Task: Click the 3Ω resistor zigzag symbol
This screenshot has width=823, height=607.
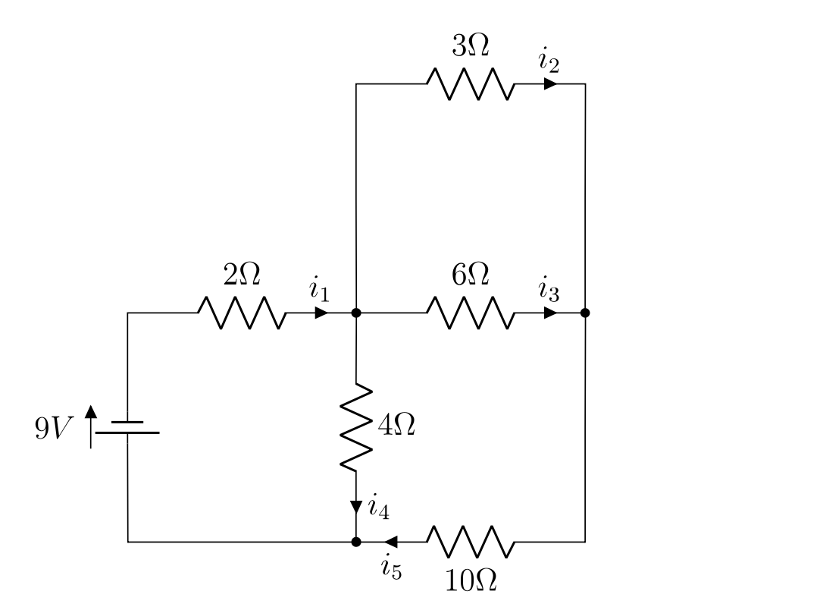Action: pyautogui.click(x=470, y=83)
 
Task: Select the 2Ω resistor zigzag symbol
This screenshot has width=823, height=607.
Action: pyautogui.click(x=241, y=313)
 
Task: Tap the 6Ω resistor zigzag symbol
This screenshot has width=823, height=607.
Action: pyautogui.click(x=470, y=313)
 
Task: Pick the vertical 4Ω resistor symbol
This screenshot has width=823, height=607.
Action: pyautogui.click(x=356, y=427)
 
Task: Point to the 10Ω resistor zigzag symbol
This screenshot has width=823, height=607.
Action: pyautogui.click(x=470, y=542)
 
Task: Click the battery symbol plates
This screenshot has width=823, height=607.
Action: pyautogui.click(x=127, y=426)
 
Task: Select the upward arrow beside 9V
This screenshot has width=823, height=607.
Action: pyautogui.click(x=91, y=426)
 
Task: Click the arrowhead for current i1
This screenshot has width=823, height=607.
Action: pyautogui.click(x=321, y=313)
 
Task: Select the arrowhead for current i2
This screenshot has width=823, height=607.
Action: pyautogui.click(x=550, y=83)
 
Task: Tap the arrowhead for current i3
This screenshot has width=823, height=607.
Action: pyautogui.click(x=550, y=313)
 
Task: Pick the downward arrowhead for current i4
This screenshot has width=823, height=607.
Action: pyautogui.click(x=356, y=506)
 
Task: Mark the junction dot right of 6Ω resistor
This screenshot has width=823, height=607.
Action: pyautogui.click(x=585, y=313)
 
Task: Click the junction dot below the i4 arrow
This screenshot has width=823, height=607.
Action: pyautogui.click(x=356, y=542)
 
